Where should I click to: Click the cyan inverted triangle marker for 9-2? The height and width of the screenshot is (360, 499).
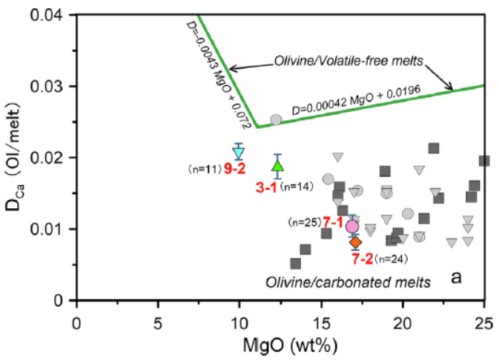(239, 153)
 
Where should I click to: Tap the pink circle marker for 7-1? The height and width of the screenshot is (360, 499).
(353, 226)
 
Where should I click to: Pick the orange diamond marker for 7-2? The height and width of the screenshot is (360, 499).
(355, 242)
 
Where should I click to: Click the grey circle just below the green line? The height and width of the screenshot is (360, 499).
(276, 119)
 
